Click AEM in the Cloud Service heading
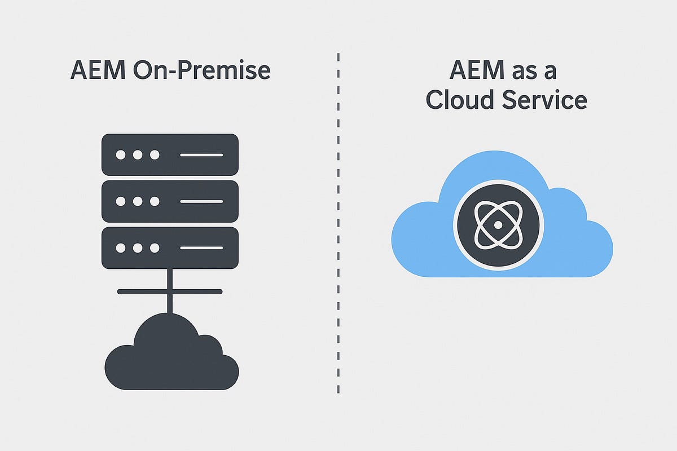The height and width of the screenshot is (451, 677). pyautogui.click(x=477, y=71)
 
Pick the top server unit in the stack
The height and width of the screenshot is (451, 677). pyautogui.click(x=170, y=154)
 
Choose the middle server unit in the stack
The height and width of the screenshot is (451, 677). pyautogui.click(x=170, y=201)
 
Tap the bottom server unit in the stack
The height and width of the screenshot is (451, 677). pyautogui.click(x=170, y=248)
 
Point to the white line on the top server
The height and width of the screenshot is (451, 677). pyautogui.click(x=201, y=154)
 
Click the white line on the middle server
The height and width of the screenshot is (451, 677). pyautogui.click(x=201, y=201)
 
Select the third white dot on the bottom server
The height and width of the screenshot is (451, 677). pyautogui.click(x=154, y=248)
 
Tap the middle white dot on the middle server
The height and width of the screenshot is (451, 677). pyautogui.click(x=137, y=201)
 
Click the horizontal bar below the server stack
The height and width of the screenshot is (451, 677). pyautogui.click(x=170, y=291)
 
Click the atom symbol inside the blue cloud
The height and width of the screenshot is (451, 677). pyautogui.click(x=498, y=224)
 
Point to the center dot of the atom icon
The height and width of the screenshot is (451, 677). pyautogui.click(x=498, y=224)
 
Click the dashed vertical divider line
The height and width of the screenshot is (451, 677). pyautogui.click(x=338, y=225)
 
